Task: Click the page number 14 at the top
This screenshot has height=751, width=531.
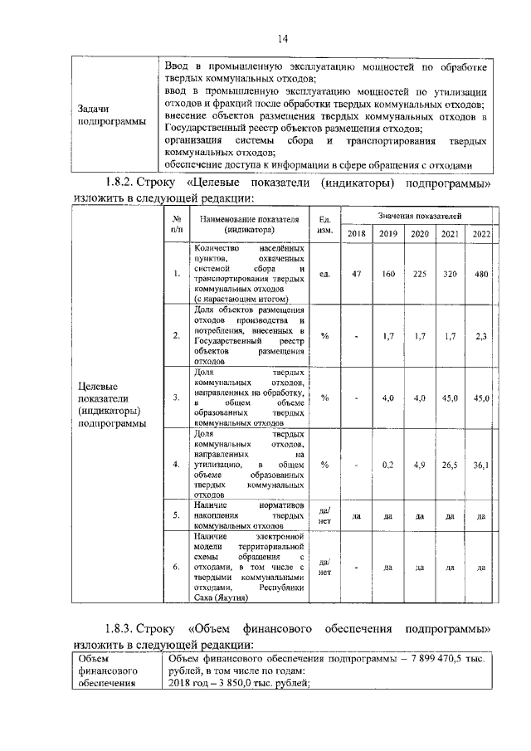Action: click(x=281, y=37)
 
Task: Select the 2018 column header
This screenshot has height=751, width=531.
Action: click(x=356, y=234)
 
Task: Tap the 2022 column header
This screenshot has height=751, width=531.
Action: click(x=481, y=234)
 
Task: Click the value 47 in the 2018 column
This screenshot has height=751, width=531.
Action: click(x=356, y=274)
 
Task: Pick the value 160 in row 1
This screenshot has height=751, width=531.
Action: click(x=387, y=274)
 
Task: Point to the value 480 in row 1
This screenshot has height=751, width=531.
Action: click(x=481, y=274)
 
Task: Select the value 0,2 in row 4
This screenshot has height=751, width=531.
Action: click(x=387, y=465)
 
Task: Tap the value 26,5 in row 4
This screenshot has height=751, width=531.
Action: click(x=451, y=465)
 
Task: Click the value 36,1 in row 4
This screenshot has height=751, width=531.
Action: click(x=481, y=465)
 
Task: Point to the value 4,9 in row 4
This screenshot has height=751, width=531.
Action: click(x=419, y=465)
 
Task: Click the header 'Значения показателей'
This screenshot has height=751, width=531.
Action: click(x=419, y=215)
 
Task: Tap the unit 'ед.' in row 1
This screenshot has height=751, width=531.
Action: click(x=324, y=274)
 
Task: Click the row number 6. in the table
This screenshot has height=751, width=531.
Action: click(x=176, y=568)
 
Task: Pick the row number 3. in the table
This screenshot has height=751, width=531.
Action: click(x=176, y=398)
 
